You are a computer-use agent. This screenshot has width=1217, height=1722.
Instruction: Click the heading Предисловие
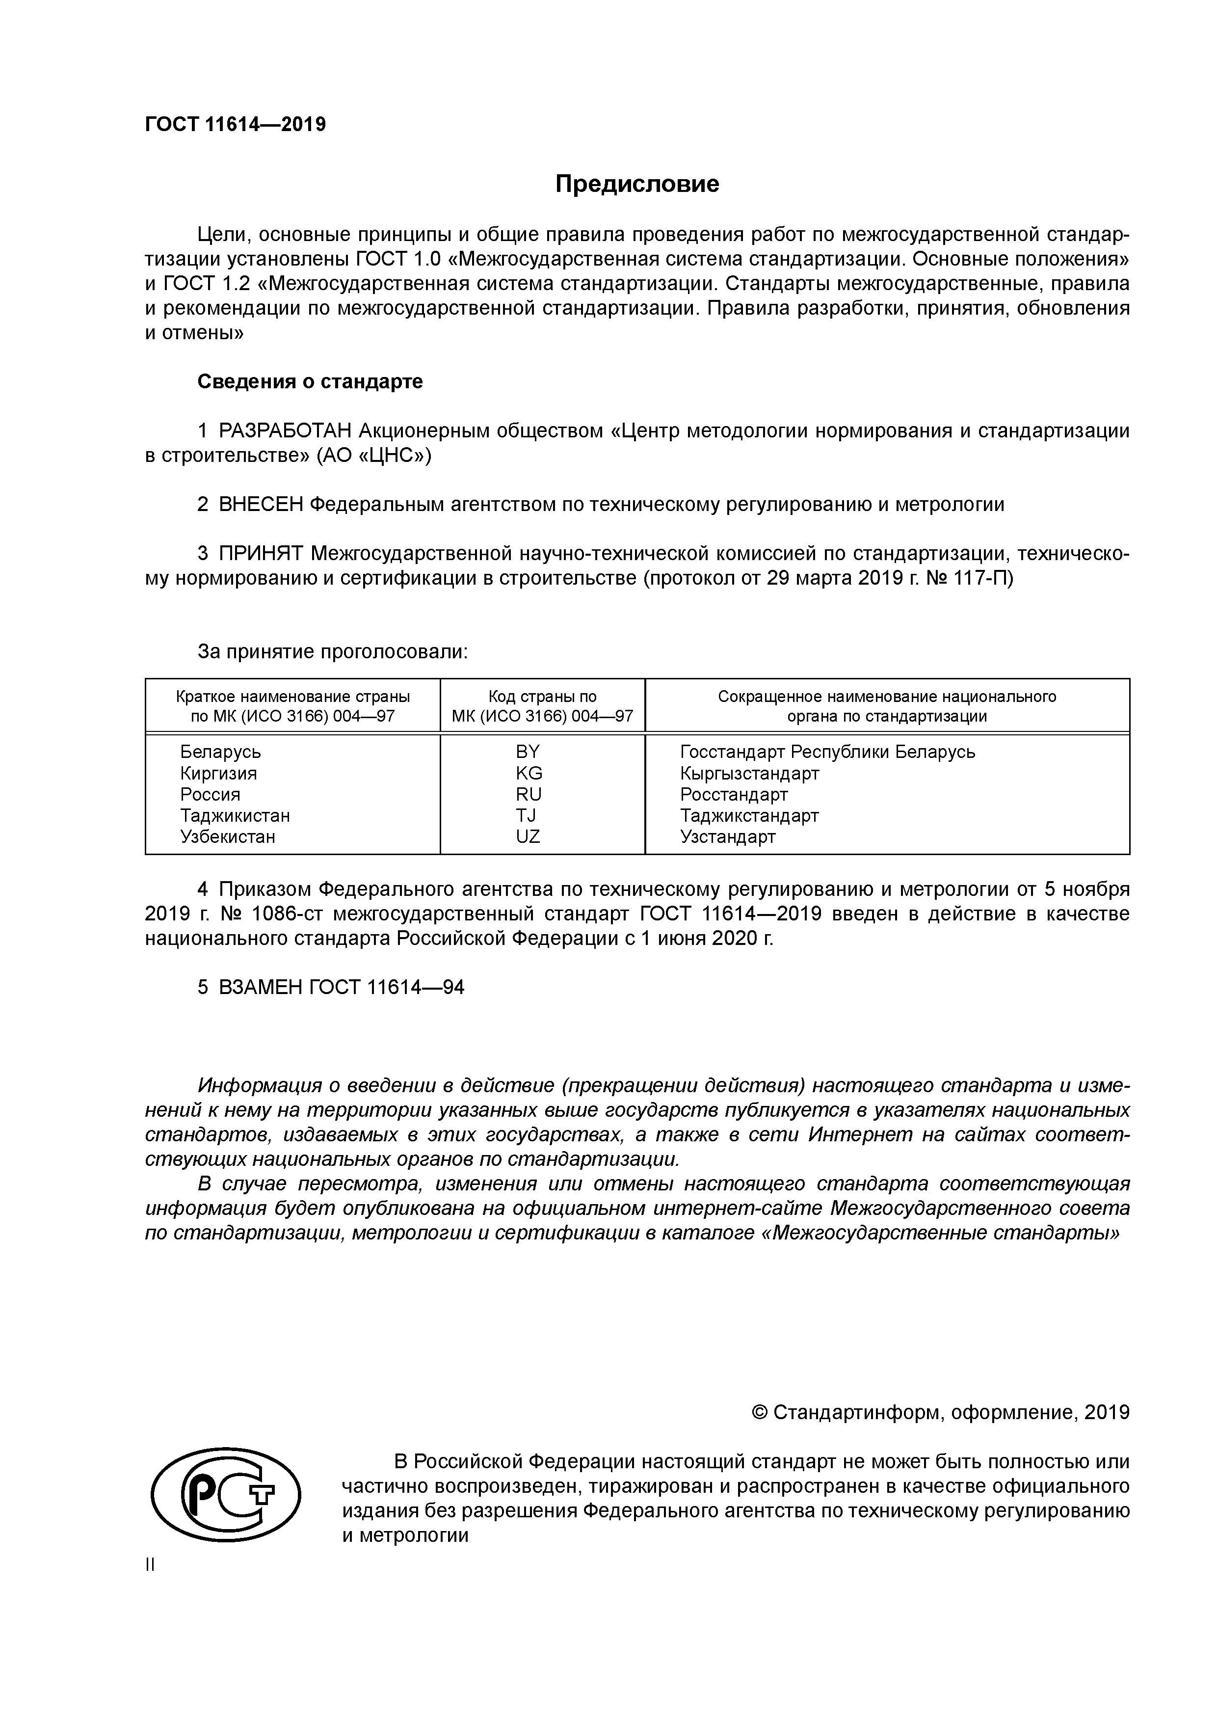636,184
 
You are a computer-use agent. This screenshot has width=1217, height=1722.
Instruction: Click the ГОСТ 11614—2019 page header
236,125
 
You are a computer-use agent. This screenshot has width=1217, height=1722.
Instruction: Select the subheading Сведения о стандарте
310,382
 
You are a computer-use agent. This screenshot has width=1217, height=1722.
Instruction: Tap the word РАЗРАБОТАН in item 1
285,431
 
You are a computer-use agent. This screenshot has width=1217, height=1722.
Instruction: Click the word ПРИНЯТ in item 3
260,554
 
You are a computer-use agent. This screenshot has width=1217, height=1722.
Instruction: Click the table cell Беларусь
220,752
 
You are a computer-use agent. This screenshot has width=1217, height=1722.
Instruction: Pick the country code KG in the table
529,773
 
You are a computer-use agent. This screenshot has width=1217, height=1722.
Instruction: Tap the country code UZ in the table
528,836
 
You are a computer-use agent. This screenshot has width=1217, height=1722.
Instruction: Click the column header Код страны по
542,697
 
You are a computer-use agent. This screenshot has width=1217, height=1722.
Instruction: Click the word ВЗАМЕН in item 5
260,987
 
